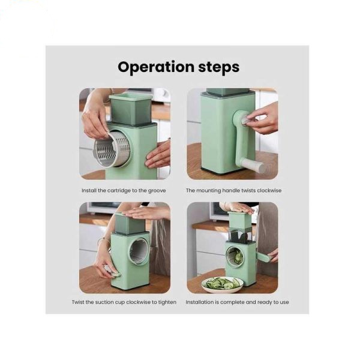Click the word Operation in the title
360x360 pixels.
(x=156, y=67)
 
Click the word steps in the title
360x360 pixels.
(x=219, y=67)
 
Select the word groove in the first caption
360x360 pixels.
(x=157, y=191)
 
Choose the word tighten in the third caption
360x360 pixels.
(x=167, y=302)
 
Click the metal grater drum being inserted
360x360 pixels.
(x=112, y=149)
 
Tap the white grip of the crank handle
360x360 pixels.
(x=253, y=166)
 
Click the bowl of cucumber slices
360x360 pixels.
(x=223, y=285)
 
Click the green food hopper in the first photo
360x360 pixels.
(x=130, y=109)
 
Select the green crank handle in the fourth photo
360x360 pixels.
(x=263, y=256)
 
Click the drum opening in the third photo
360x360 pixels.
(x=139, y=252)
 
